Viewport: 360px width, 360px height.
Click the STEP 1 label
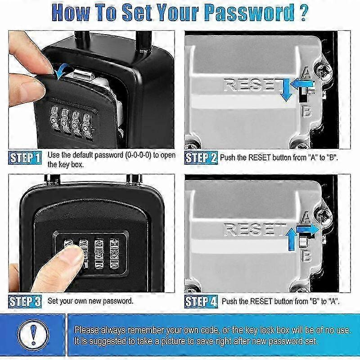(x=25, y=157)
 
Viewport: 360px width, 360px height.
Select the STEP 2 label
(x=201, y=157)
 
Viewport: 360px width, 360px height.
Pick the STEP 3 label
(x=25, y=301)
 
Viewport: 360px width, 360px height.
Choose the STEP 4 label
(x=201, y=301)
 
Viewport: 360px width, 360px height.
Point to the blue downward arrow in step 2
(x=284, y=90)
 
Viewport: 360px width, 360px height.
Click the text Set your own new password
(x=90, y=301)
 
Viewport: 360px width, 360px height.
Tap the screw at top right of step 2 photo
(x=325, y=70)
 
